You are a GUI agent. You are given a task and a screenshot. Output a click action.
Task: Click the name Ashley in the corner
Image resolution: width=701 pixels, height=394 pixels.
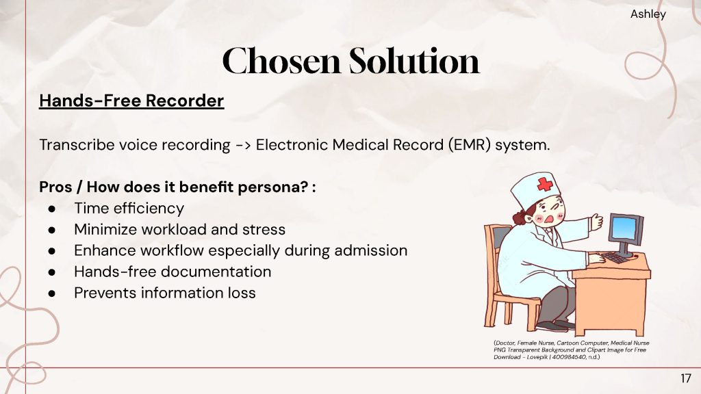(x=648, y=14)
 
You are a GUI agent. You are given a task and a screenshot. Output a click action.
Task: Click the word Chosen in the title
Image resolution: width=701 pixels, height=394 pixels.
(x=281, y=61)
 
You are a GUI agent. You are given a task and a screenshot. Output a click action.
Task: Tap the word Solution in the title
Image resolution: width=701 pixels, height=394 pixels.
(x=414, y=60)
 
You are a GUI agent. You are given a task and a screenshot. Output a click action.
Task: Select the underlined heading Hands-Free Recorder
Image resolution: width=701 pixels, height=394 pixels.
(x=131, y=101)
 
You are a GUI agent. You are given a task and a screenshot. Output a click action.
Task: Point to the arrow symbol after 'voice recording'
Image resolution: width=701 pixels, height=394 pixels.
(x=243, y=145)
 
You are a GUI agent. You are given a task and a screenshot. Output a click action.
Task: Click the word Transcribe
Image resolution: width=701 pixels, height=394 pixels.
(x=77, y=145)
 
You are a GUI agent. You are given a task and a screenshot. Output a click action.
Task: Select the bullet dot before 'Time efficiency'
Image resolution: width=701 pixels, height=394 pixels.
(x=52, y=209)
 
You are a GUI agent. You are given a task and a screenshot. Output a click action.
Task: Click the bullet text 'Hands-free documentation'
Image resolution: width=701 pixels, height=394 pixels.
(x=173, y=272)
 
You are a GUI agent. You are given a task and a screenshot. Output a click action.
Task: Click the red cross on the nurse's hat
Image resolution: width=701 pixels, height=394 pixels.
(x=544, y=184)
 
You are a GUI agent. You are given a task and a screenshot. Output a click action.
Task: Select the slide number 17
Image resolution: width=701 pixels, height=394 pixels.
(x=685, y=379)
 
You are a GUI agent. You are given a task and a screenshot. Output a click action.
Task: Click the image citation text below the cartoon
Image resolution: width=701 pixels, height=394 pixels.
(x=572, y=350)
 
